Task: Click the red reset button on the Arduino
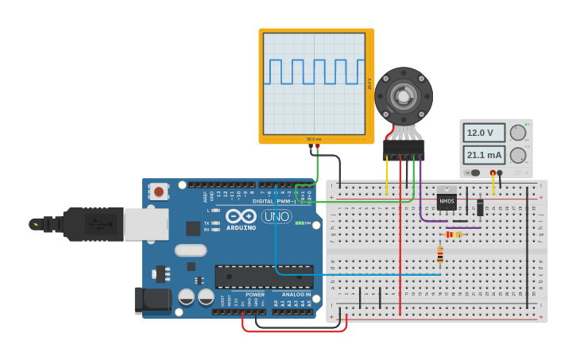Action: pyautogui.click(x=159, y=191)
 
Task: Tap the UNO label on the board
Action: pyautogui.click(x=276, y=216)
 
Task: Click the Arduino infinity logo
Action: pyautogui.click(x=240, y=216)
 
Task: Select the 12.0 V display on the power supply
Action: pyautogui.click(x=484, y=133)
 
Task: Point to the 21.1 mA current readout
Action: pyautogui.click(x=484, y=154)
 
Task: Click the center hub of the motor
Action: pyautogui.click(x=404, y=96)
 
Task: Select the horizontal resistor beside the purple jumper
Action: pyautogui.click(x=454, y=234)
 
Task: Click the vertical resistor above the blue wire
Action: pyautogui.click(x=440, y=254)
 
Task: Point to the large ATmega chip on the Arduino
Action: pyautogui.click(x=264, y=277)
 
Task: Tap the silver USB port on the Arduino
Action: pyautogui.click(x=146, y=224)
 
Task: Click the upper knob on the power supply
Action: pyautogui.click(x=518, y=133)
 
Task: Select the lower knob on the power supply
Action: pyautogui.click(x=518, y=155)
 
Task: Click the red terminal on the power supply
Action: pyautogui.click(x=493, y=172)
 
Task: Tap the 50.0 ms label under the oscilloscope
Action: pyautogui.click(x=315, y=139)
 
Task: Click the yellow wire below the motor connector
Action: pyautogui.click(x=387, y=176)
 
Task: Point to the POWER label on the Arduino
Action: pyautogui.click(x=255, y=294)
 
